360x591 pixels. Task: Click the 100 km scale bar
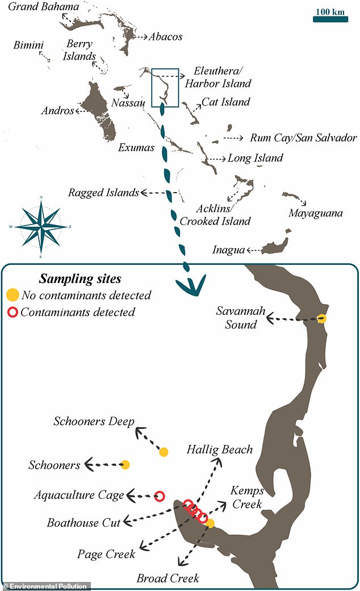[x=330, y=19]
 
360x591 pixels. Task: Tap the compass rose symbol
[x=41, y=227]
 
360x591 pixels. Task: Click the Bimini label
[x=29, y=44]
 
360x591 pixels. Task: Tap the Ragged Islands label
[x=103, y=193]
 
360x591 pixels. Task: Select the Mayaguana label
[x=315, y=213]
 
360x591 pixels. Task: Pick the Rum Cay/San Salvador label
[x=303, y=138]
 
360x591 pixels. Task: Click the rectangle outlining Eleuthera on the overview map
[x=165, y=88]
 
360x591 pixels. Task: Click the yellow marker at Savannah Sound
[x=322, y=318]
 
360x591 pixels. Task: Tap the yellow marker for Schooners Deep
[x=164, y=452]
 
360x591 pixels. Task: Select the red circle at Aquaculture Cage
[x=160, y=496]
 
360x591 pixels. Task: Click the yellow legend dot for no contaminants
[x=12, y=295]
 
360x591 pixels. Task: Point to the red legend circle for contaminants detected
[x=12, y=312]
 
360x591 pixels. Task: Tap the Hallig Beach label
[x=219, y=450]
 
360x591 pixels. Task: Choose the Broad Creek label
[x=168, y=578]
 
